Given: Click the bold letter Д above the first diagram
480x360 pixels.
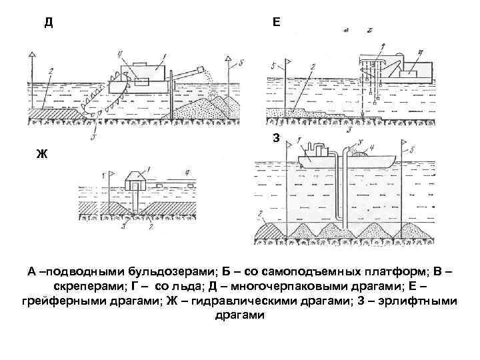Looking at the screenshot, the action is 49,21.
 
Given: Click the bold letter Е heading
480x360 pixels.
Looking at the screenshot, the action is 277,21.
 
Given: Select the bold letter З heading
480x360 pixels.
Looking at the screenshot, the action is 276,138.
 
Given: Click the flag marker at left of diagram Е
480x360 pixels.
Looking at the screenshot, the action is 285,62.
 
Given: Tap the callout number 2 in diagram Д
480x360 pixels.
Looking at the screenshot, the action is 50,72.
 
